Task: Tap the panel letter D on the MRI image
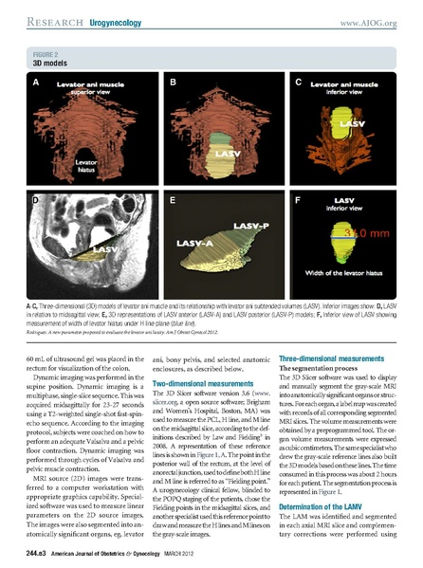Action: click(36, 202)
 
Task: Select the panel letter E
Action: click(172, 202)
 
